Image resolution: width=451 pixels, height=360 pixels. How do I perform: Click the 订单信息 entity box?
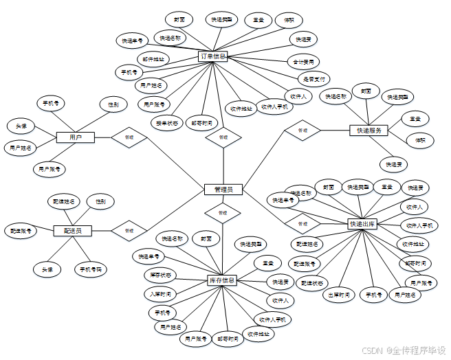212,56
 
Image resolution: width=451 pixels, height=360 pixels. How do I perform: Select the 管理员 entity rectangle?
223,189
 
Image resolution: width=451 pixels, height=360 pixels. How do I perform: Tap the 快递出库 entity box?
362,224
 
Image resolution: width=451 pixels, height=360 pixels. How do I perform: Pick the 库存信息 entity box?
222,280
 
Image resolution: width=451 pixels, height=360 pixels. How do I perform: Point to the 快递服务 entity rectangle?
369,130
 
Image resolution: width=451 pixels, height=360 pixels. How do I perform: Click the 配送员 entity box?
72,231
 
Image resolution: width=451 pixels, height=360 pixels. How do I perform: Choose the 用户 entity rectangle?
75,137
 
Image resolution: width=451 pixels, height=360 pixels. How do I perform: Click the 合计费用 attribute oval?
303,62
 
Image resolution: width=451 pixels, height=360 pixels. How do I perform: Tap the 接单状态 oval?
166,123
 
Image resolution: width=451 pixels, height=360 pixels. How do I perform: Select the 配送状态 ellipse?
313,282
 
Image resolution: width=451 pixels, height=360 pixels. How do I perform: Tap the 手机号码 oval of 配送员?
90,269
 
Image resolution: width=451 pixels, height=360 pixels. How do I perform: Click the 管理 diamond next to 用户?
129,137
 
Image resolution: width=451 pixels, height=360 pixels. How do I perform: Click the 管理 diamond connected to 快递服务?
302,130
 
